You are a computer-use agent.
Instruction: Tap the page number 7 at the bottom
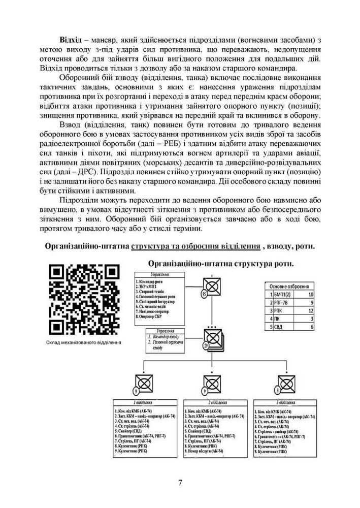tap(180, 482)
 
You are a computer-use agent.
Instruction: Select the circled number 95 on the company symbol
tap(204, 294)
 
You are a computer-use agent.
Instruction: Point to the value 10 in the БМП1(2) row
tap(311, 294)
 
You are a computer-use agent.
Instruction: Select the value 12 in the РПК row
tap(311, 312)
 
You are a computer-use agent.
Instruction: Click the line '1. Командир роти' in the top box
tap(153, 281)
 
